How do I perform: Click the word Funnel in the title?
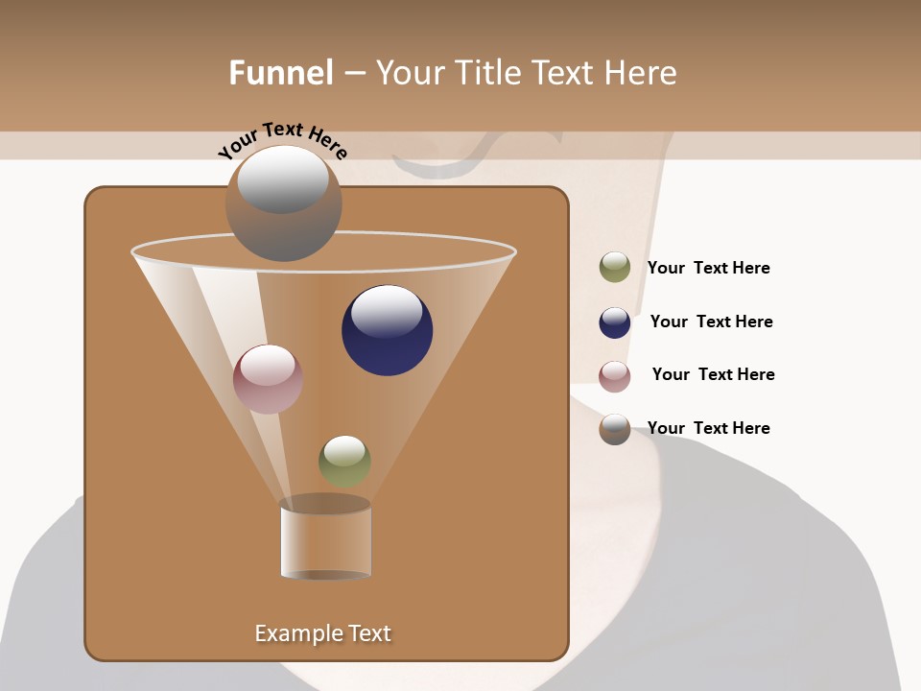(281, 73)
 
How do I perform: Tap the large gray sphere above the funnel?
(283, 203)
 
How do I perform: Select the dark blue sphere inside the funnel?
(387, 331)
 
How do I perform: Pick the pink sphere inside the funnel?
(268, 379)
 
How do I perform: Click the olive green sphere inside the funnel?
(344, 462)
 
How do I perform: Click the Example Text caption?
(323, 633)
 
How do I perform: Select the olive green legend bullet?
(615, 268)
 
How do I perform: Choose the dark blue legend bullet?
(615, 322)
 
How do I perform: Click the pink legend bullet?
(615, 375)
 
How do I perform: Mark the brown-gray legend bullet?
(615, 429)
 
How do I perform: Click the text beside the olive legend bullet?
(708, 269)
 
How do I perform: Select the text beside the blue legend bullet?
(711, 322)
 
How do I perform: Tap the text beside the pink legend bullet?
(713, 375)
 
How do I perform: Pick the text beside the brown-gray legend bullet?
(708, 429)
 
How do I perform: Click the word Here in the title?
(642, 73)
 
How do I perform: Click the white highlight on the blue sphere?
(387, 312)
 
